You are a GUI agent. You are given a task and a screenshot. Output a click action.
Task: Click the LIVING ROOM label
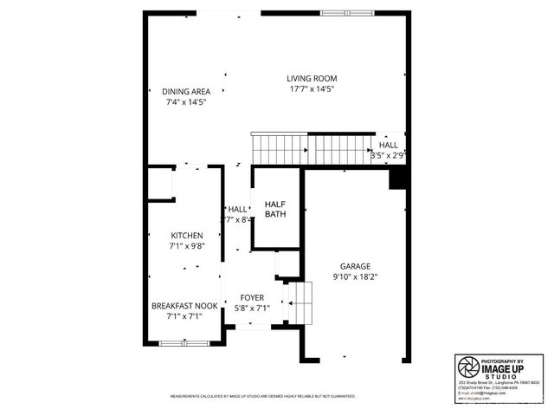point(311,78)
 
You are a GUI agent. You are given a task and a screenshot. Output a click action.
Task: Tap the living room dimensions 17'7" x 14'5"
point(311,88)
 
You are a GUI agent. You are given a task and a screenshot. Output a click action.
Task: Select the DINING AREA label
point(186,92)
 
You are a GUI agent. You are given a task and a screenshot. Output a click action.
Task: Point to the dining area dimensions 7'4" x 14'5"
point(186,102)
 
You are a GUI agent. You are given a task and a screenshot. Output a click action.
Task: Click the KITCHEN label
point(186,236)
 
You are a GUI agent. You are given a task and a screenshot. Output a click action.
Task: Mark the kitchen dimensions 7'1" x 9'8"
point(186,245)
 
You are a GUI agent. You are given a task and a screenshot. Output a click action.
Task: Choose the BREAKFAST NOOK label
point(184,306)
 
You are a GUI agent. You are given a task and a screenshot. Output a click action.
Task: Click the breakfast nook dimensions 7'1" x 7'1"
point(184,316)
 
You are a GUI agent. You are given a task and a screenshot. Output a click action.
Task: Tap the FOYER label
point(252,297)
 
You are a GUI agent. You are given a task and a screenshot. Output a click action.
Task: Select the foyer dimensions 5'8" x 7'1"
point(252,308)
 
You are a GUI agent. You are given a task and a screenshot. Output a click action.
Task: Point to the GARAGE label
point(355,267)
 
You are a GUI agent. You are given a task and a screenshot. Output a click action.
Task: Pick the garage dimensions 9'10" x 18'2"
point(355,277)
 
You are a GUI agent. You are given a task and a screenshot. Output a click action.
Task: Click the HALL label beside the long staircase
point(389,145)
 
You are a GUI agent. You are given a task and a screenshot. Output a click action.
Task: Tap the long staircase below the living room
point(312,148)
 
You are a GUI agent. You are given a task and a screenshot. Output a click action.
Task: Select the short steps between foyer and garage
point(298,302)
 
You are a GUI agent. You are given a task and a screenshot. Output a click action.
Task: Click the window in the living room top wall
point(348,12)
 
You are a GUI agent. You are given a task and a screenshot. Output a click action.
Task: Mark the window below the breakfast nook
point(184,344)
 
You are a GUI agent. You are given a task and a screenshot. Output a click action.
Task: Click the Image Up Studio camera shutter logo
point(468,366)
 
